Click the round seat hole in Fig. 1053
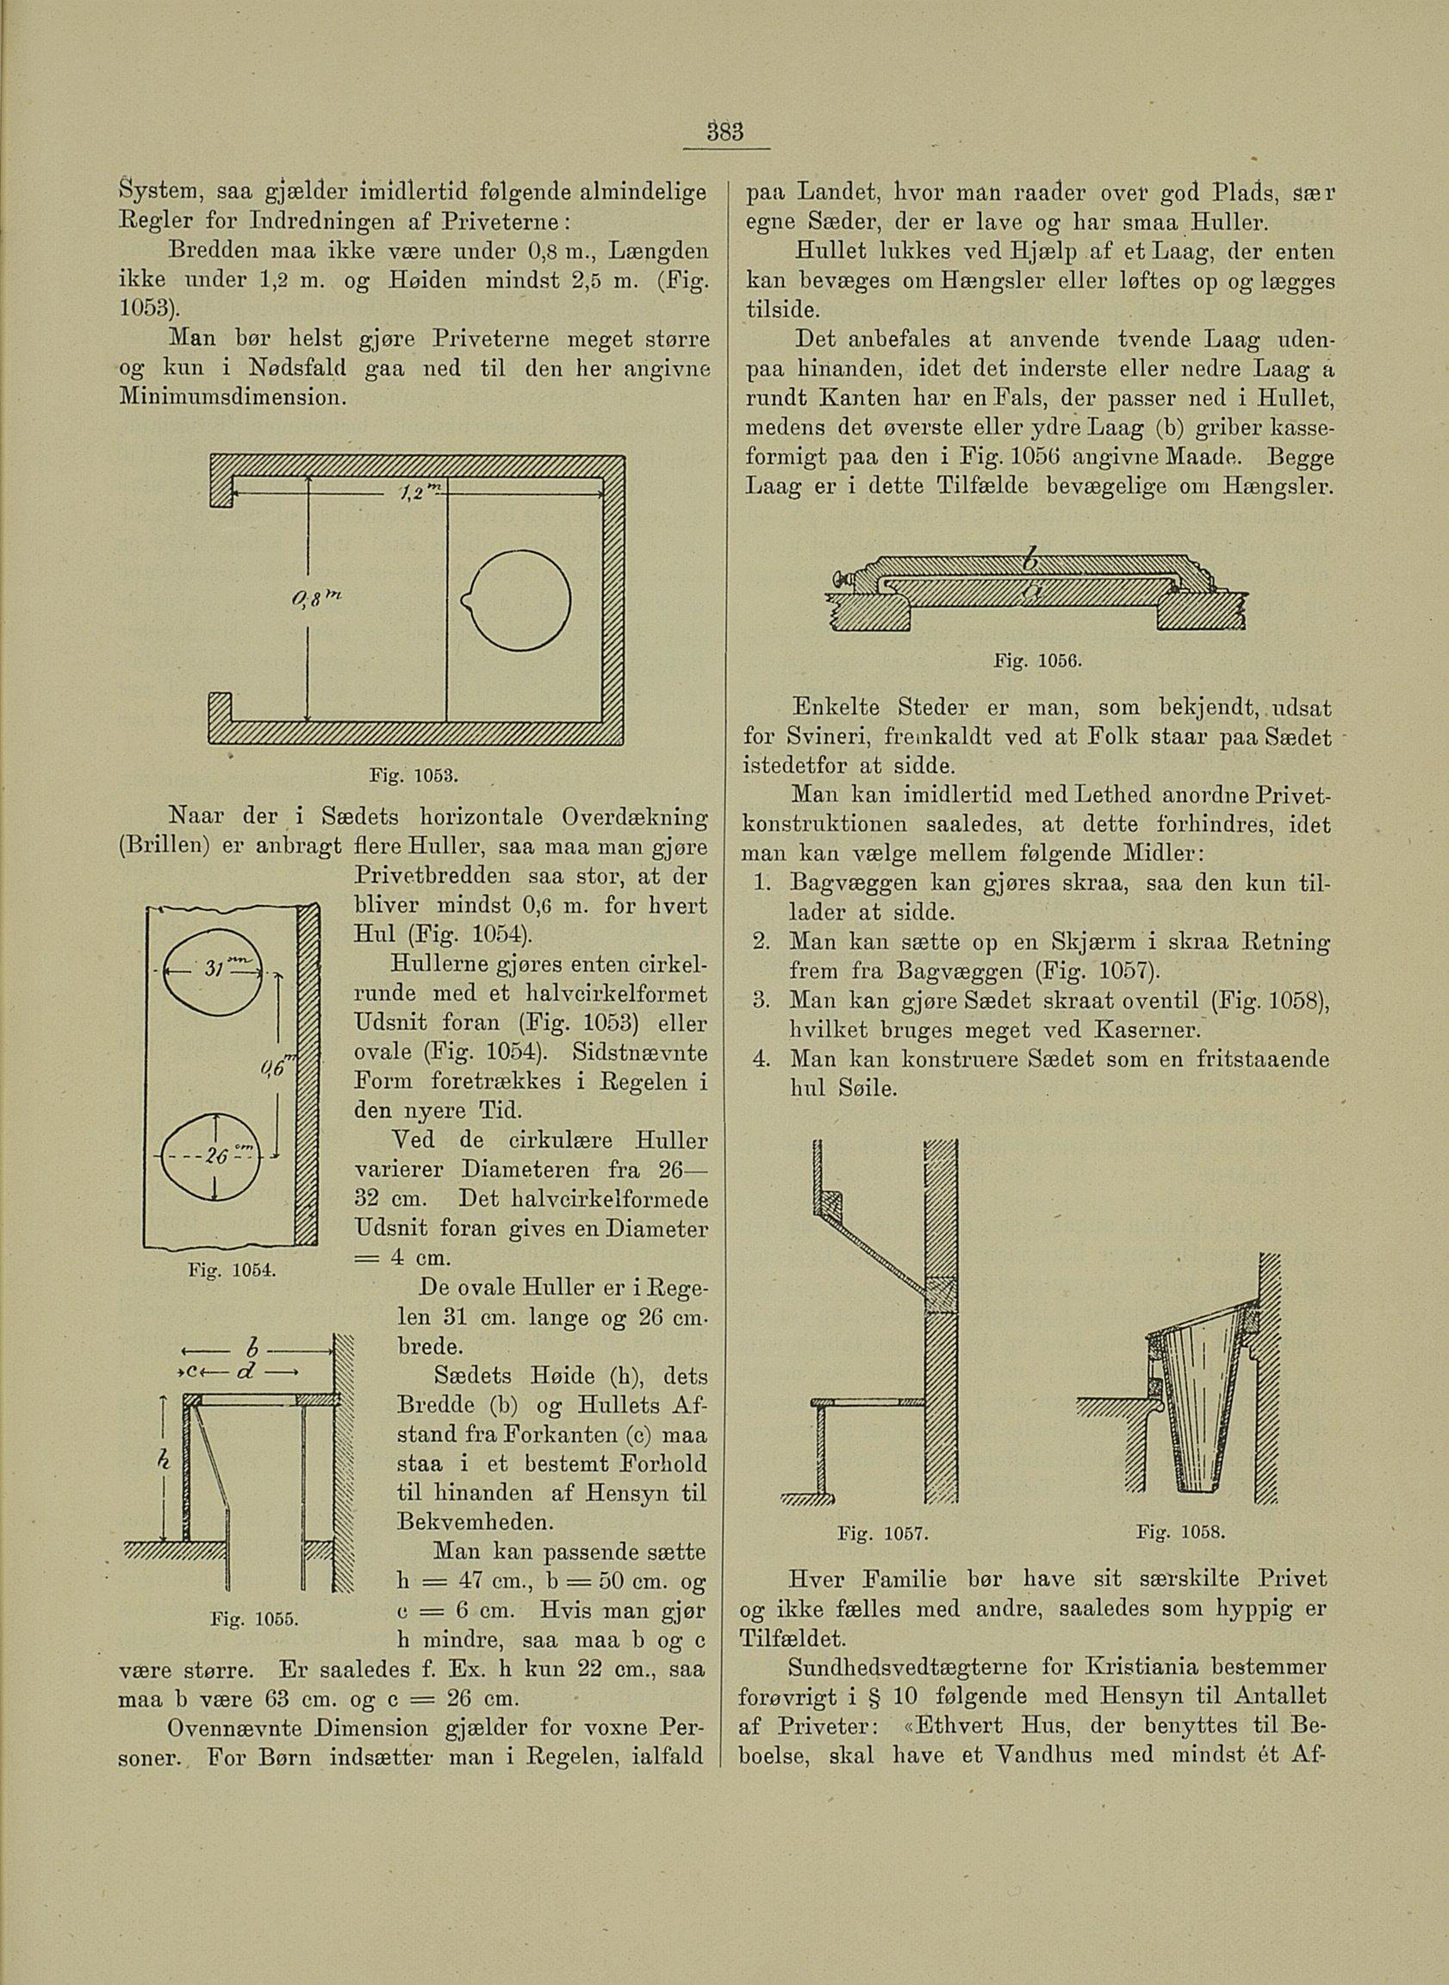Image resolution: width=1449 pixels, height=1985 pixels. coord(521,601)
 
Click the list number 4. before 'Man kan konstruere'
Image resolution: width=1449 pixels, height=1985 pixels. coord(761,1060)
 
